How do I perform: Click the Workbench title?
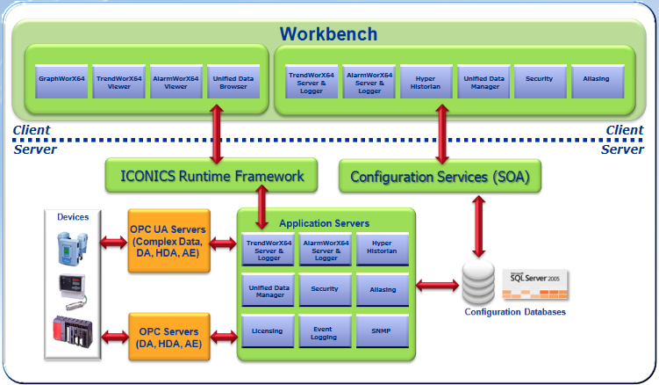tap(328, 34)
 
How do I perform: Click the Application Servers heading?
tap(324, 223)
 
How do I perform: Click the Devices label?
tap(73, 216)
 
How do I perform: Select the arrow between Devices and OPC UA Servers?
tap(113, 240)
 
